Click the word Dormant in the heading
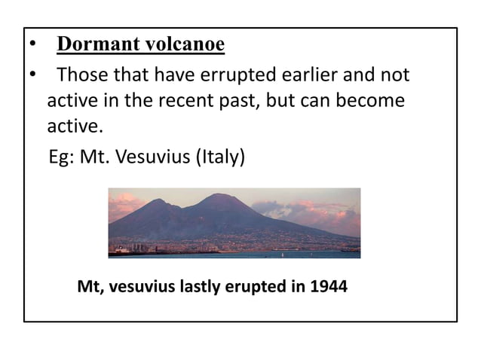pyautogui.click(x=93, y=45)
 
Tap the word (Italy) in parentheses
pyautogui.click(x=217, y=159)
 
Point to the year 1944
pyautogui.click(x=329, y=287)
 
